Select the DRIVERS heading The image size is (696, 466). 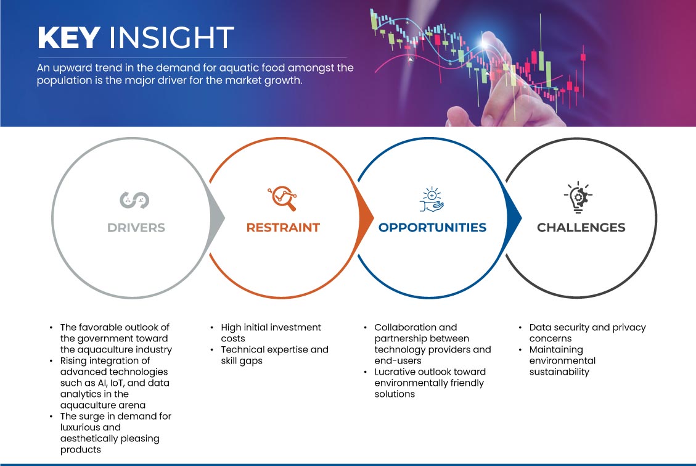tap(136, 228)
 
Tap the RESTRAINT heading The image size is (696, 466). tap(283, 228)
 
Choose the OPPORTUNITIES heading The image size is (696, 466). tap(432, 228)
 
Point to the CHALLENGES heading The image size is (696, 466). tap(581, 228)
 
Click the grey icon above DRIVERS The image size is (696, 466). tap(134, 200)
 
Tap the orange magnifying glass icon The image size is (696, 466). tap(282, 198)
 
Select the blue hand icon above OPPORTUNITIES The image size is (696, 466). tap(432, 199)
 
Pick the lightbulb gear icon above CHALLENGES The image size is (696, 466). tap(578, 198)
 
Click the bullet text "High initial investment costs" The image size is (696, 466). tap(271, 333)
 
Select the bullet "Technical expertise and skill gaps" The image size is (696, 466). tap(274, 355)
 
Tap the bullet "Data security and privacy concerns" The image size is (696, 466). tap(588, 333)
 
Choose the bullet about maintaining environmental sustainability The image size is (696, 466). tap(562, 360)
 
